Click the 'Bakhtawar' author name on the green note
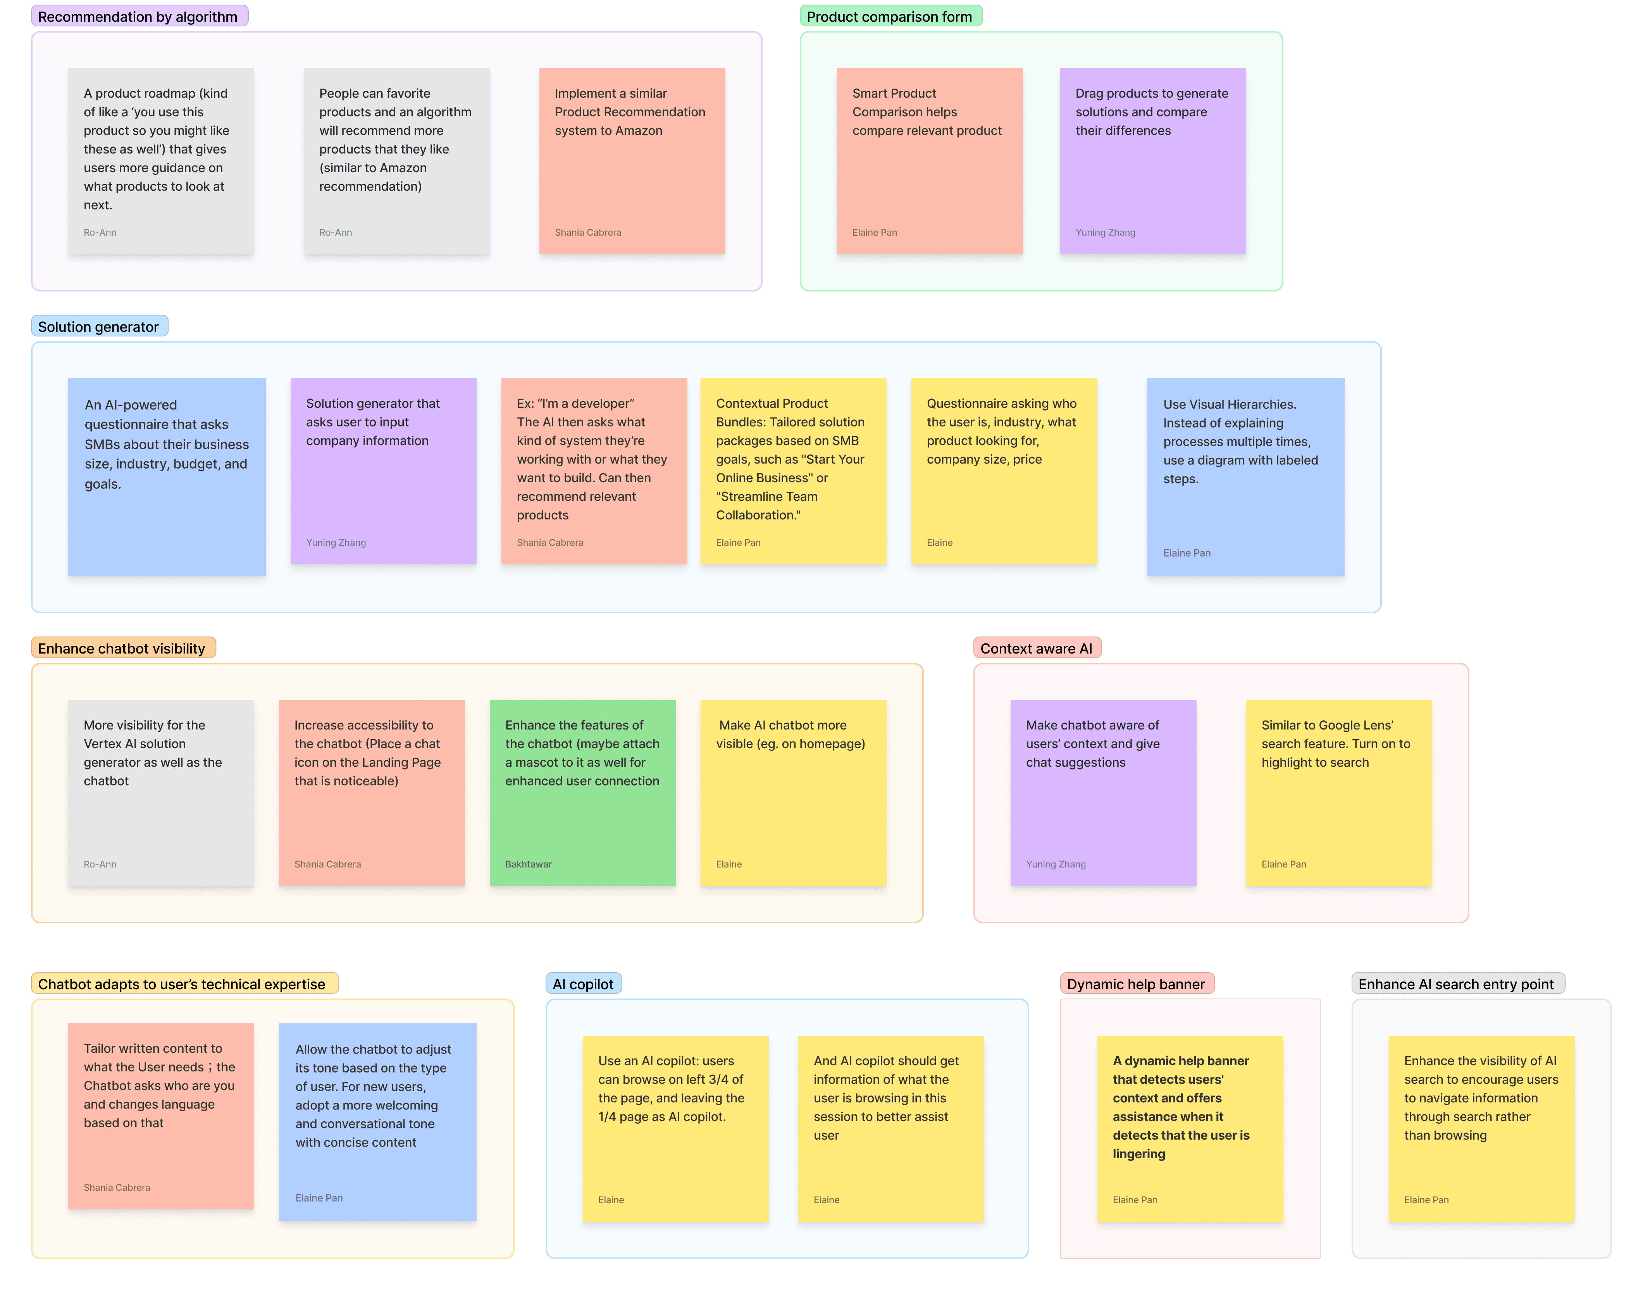tap(529, 864)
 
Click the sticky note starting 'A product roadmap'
tap(161, 161)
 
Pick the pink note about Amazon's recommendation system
tap(632, 161)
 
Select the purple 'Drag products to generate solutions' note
tap(1152, 161)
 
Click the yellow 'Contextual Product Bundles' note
tap(793, 471)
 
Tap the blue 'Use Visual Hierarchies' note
tap(1245, 476)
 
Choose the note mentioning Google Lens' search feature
tap(1339, 793)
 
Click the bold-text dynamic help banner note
tap(1190, 1128)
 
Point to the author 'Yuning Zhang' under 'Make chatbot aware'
tap(1056, 864)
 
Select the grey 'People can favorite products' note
tap(396, 161)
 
